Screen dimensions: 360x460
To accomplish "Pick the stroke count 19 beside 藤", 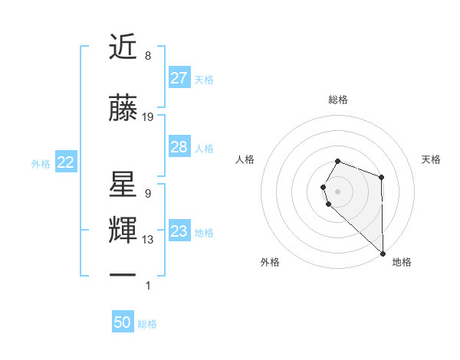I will pyautogui.click(x=148, y=117).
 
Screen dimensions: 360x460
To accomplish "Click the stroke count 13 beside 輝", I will pyautogui.click(x=148, y=240).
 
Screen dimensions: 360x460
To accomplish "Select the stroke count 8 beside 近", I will pyautogui.click(x=148, y=56).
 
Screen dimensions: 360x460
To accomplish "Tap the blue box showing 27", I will pyautogui.click(x=179, y=78).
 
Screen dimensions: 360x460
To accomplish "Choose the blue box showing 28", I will pyautogui.click(x=179, y=147).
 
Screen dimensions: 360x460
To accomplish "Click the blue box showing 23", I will pyautogui.click(x=179, y=231).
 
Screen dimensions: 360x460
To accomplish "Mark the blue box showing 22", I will pyautogui.click(x=66, y=162).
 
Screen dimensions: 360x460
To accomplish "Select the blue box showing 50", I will pyautogui.click(x=123, y=322).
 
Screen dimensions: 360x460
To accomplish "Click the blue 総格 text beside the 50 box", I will pyautogui.click(x=148, y=324).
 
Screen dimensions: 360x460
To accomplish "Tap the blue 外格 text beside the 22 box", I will pyautogui.click(x=41, y=163).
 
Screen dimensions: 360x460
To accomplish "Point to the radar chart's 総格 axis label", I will pyautogui.click(x=338, y=100).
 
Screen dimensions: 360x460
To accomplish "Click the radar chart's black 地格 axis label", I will pyautogui.click(x=402, y=263).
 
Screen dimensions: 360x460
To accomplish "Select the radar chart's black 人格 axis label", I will pyautogui.click(x=245, y=159).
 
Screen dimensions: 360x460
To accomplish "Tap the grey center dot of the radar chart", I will pyautogui.click(x=338, y=190).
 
